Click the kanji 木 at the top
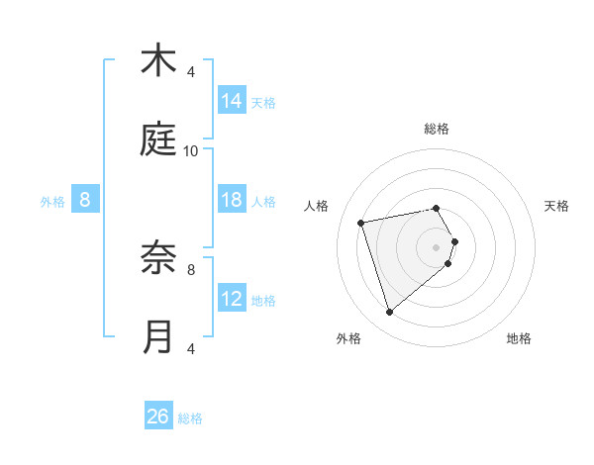(158, 61)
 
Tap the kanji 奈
(158, 259)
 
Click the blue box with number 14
(232, 101)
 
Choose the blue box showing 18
(232, 200)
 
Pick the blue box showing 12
(232, 299)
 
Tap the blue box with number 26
(158, 418)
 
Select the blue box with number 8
(85, 200)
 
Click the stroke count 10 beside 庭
(191, 150)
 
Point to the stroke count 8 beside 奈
(191, 268)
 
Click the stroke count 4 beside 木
(191, 71)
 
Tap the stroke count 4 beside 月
(191, 348)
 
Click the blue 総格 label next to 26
(191, 418)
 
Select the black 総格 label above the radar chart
(437, 129)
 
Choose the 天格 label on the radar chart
(557, 206)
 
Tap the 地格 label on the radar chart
(519, 338)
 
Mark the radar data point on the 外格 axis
(389, 313)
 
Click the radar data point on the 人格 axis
(362, 222)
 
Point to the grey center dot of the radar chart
(437, 246)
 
